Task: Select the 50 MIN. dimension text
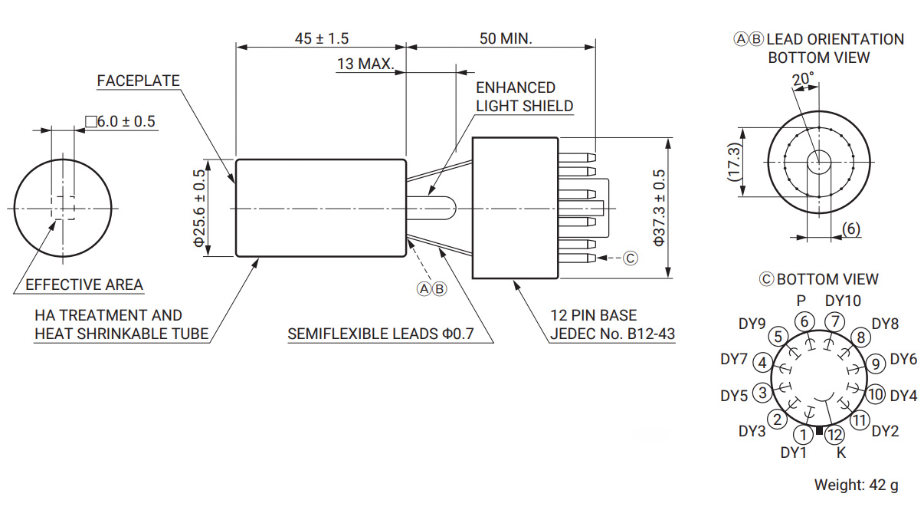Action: click(506, 38)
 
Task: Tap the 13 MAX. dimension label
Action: click(365, 64)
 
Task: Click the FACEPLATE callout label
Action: click(139, 81)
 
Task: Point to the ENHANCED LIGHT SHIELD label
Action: click(524, 97)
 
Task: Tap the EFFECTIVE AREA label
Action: click(84, 285)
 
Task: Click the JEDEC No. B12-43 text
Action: click(613, 334)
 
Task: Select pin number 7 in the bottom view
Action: click(836, 321)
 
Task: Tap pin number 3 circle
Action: click(762, 393)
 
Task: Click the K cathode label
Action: click(841, 452)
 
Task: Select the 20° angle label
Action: click(803, 78)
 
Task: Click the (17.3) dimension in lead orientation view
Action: click(734, 162)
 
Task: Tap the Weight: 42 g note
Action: click(856, 485)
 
